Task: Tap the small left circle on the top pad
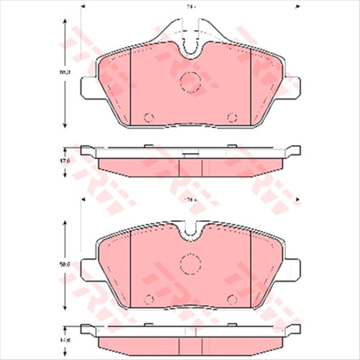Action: [x=149, y=118]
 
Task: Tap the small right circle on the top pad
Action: [x=231, y=118]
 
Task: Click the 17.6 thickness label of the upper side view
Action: [x=64, y=162]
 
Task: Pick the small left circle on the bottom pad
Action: [x=149, y=298]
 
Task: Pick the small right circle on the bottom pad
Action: [x=231, y=298]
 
